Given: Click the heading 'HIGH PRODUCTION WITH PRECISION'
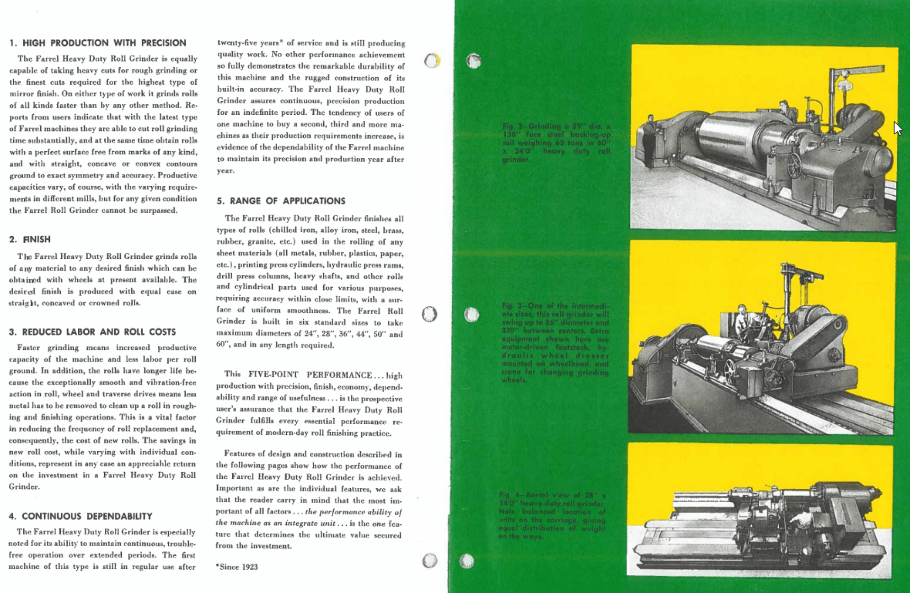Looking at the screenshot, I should pos(104,43).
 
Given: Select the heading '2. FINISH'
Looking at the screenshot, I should pos(30,239).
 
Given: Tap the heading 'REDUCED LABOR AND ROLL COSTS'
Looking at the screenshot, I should pos(99,332).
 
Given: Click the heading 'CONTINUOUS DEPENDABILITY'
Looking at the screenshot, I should pos(87,516).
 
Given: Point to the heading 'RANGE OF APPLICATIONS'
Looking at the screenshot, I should pos(287,201).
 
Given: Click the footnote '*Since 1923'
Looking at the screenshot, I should pos(237,567).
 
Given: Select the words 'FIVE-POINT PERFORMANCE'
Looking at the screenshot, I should pos(310,375).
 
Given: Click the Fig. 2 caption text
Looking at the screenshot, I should pos(556,143).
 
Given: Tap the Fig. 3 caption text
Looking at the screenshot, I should pos(555,343).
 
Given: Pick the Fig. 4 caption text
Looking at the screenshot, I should pos(552,515).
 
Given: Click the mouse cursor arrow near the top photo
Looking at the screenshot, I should pos(897,128).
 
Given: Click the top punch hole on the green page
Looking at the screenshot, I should pos(473,61).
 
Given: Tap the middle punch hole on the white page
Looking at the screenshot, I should pos(429,314).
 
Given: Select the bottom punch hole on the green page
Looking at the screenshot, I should pos(466,561).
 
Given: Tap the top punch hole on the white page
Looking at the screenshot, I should pos(432,61).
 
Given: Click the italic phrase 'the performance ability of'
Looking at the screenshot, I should pos(353,512).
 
